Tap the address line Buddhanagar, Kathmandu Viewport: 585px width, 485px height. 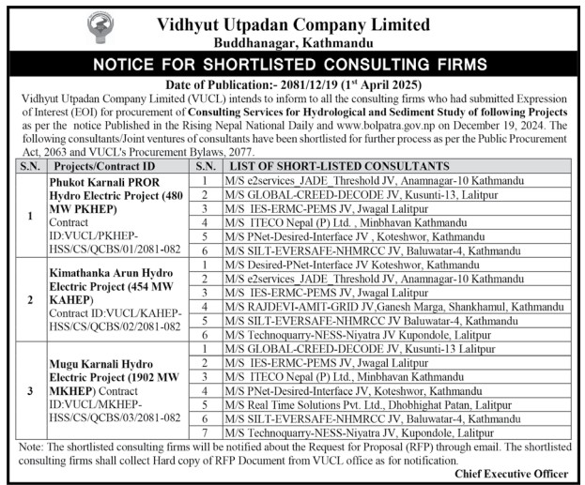[x=292, y=42]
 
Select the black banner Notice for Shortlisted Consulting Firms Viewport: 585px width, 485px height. [x=292, y=65]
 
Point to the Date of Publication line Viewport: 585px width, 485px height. [x=292, y=85]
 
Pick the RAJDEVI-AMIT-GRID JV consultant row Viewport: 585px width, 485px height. [x=379, y=306]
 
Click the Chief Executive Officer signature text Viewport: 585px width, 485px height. [x=511, y=474]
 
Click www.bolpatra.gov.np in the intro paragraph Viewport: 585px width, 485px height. [x=390, y=125]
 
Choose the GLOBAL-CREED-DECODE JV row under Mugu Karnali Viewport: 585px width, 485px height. [x=353, y=347]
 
